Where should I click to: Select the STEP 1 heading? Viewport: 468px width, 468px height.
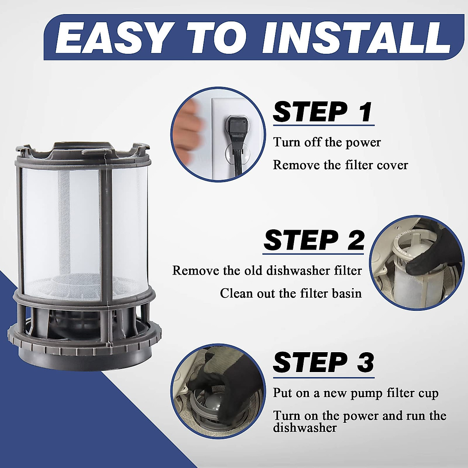(x=323, y=112)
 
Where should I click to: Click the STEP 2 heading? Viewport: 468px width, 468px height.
(x=314, y=241)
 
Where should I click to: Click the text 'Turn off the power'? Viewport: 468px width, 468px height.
(x=327, y=142)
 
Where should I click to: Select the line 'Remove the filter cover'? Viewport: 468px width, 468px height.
(x=340, y=165)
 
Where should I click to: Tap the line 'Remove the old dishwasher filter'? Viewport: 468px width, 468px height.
(x=267, y=271)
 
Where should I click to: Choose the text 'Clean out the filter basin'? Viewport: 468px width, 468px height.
(x=291, y=293)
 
